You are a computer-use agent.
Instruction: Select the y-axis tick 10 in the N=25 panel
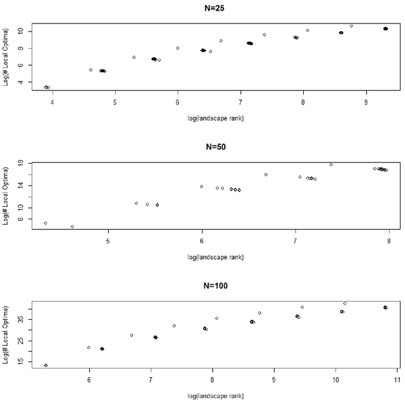click(21, 31)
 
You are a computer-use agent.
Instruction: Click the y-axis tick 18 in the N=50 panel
click(21, 163)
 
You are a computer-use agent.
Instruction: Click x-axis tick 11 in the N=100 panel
click(396, 379)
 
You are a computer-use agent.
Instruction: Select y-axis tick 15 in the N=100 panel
click(21, 362)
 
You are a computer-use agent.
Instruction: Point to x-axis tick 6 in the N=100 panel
click(89, 379)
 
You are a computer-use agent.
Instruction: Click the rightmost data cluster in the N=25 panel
click(385, 28)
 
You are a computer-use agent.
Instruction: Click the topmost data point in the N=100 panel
click(345, 303)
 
